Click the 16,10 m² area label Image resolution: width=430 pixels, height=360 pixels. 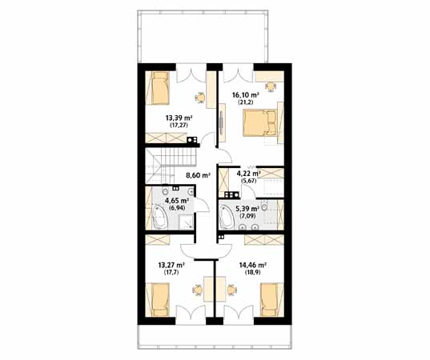(246, 95)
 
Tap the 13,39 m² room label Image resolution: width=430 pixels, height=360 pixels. (179, 118)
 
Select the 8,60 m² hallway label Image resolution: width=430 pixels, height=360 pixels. (198, 175)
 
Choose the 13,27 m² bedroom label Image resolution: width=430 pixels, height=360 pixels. (171, 266)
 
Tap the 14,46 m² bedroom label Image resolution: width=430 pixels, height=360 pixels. (253, 266)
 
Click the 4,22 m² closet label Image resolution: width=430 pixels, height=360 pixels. (248, 174)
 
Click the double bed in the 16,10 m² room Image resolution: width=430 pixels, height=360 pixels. (259, 122)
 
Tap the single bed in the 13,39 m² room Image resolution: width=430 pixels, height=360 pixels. (159, 88)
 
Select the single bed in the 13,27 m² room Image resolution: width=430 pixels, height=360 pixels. (159, 300)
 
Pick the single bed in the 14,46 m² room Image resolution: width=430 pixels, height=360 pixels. (269, 300)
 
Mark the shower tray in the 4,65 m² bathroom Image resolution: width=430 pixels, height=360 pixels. (186, 222)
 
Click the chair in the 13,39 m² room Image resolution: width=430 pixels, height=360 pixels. (200, 98)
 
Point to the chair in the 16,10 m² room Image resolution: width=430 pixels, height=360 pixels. (271, 87)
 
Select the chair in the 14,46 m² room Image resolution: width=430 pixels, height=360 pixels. (231, 290)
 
